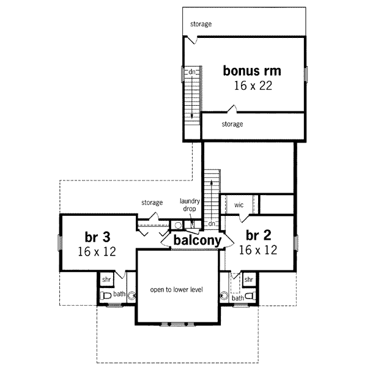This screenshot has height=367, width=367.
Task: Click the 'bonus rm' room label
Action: (252, 70)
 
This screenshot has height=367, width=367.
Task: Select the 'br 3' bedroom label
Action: (97, 236)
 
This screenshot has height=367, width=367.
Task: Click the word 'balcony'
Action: (196, 241)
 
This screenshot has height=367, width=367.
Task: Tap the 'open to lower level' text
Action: (177, 289)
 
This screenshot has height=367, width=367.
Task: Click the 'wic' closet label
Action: (239, 205)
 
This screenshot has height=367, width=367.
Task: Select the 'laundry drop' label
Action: (188, 205)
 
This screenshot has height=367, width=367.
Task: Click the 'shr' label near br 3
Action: (106, 279)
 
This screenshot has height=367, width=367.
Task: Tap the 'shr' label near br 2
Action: (248, 279)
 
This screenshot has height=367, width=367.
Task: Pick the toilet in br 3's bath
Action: (105, 295)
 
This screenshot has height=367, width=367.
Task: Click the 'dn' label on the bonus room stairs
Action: (191, 72)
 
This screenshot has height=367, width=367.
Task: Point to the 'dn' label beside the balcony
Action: (211, 223)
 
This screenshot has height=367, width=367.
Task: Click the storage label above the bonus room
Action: (201, 24)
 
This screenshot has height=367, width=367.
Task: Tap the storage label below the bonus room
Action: (232, 124)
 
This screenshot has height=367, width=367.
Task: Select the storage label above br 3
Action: (152, 202)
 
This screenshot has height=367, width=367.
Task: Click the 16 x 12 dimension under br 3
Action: (97, 251)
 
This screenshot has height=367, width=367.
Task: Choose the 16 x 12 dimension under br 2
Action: (258, 250)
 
